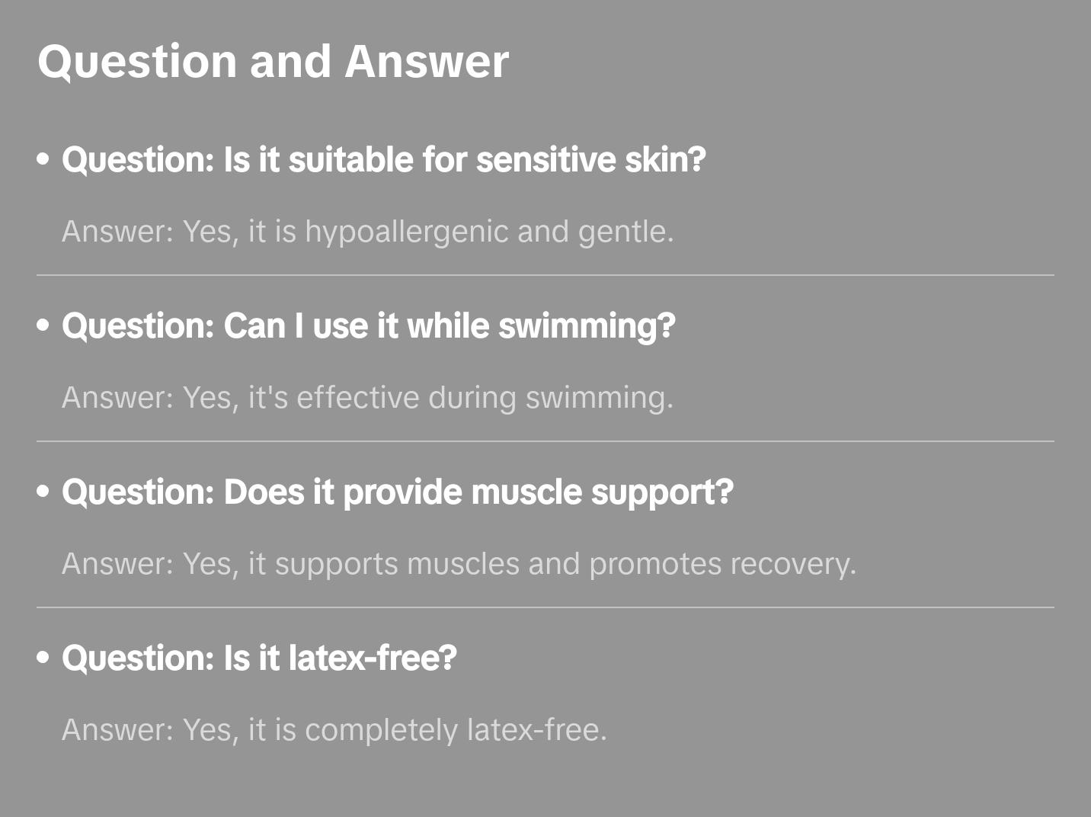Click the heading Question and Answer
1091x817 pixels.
[x=273, y=61]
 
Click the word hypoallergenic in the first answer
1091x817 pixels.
[x=406, y=232]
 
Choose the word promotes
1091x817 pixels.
[x=655, y=564]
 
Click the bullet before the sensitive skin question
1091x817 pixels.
[x=43, y=160]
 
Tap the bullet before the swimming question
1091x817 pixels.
[x=43, y=326]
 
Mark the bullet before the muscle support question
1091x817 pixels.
[x=43, y=492]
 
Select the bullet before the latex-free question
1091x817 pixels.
[x=43, y=658]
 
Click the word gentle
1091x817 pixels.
[x=625, y=232]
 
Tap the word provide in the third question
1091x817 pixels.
[x=402, y=492]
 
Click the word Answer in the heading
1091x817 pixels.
[x=427, y=61]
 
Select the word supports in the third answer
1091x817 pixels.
[x=336, y=564]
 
